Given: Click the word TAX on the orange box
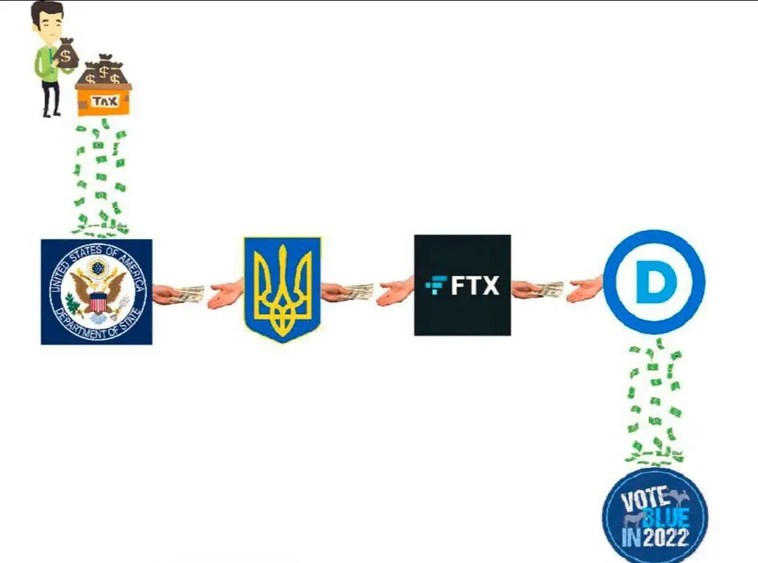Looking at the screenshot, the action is tap(105, 101).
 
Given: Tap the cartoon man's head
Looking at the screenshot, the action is tap(47, 21).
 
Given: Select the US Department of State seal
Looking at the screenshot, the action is tap(97, 292).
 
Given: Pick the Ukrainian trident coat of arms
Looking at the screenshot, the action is tap(282, 289).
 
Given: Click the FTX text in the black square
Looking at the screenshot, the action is tap(474, 285).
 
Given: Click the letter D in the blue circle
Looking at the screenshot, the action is tap(655, 282).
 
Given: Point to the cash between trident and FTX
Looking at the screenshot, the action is tap(358, 291).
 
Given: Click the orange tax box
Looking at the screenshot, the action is tap(103, 99).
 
